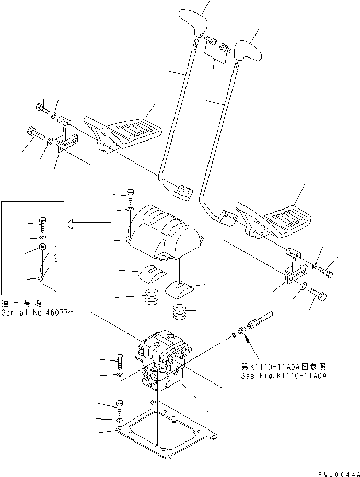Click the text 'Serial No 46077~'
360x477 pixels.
click(x=39, y=312)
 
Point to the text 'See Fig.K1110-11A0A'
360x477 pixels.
click(x=284, y=376)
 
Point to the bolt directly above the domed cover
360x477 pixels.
click(x=130, y=197)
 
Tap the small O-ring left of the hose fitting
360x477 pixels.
click(x=233, y=334)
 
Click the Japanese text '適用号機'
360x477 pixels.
click(x=21, y=303)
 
